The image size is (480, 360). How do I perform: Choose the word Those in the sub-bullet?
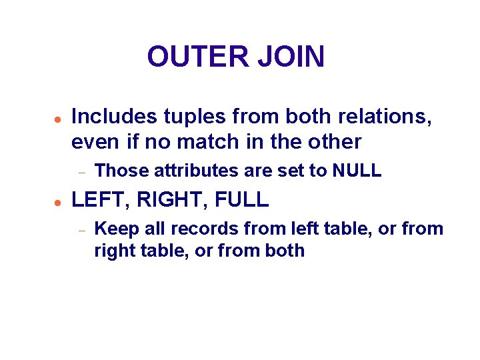(122, 171)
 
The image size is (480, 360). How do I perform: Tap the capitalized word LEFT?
(94, 199)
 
